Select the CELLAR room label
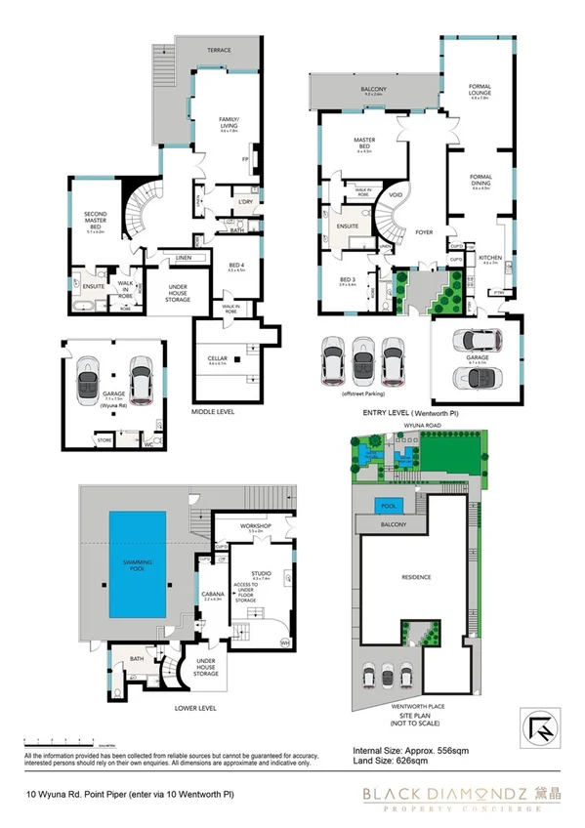pyautogui.click(x=218, y=360)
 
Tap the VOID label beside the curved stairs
pyautogui.click(x=397, y=194)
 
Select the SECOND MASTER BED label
pyautogui.click(x=95, y=216)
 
